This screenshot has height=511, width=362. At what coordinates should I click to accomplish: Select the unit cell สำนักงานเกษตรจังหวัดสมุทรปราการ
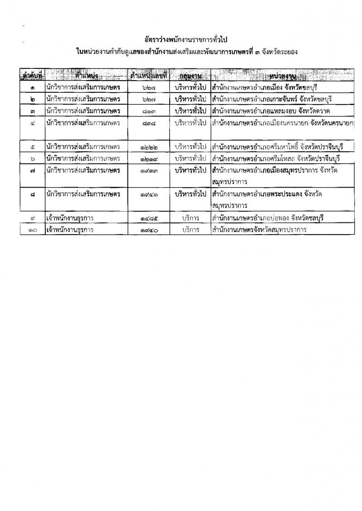point(259,230)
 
